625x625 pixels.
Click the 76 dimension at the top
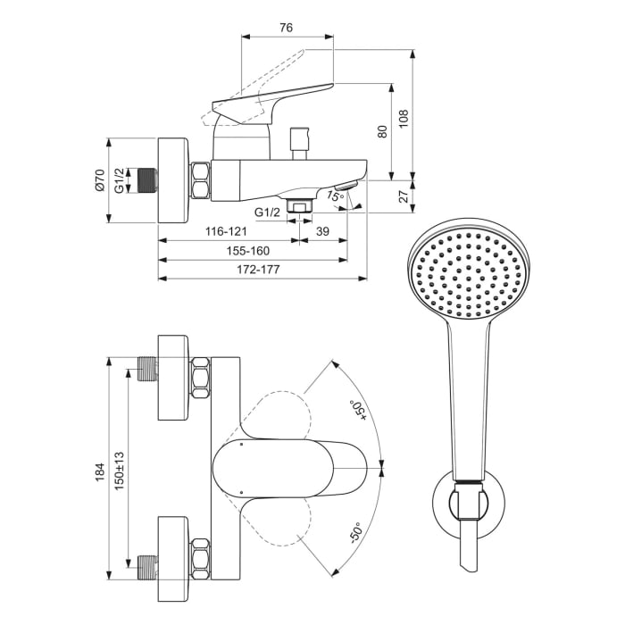[286, 29]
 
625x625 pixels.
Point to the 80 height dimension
[381, 131]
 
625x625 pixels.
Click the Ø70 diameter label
[99, 181]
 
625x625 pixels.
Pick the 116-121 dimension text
[226, 231]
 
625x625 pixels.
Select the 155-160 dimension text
[248, 251]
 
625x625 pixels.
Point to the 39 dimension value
[323, 231]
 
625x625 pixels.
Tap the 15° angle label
[334, 195]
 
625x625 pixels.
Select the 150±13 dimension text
[119, 469]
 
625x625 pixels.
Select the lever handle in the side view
[268, 96]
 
